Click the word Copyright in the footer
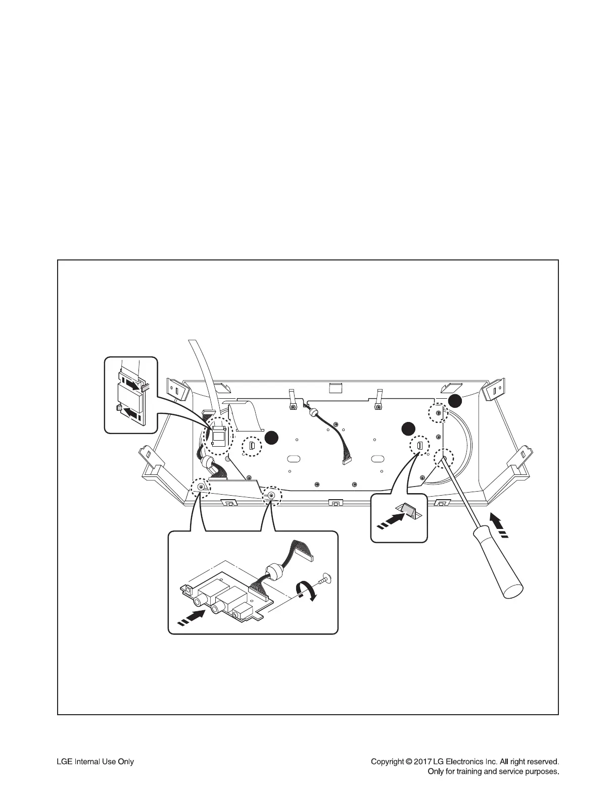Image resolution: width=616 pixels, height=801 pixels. pyautogui.click(x=387, y=762)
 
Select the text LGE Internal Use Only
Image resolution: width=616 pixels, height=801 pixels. pyautogui.click(x=94, y=762)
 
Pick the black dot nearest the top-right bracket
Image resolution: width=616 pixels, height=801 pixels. pyautogui.click(x=455, y=401)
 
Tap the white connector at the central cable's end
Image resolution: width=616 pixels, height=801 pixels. pyautogui.click(x=348, y=460)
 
